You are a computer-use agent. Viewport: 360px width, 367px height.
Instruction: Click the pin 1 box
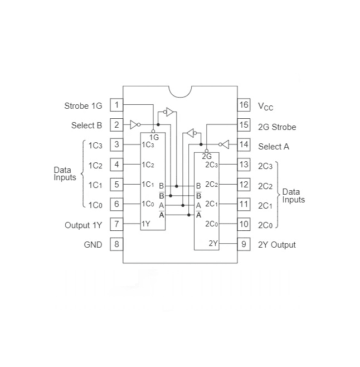coord(116,105)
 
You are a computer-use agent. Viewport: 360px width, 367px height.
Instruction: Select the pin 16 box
coord(243,105)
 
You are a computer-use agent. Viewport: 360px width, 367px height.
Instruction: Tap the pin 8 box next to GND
coord(116,244)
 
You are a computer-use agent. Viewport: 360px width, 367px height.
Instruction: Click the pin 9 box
coord(243,244)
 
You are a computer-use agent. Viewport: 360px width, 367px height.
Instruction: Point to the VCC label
coord(266,106)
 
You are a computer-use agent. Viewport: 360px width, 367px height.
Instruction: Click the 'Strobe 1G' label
coord(84,105)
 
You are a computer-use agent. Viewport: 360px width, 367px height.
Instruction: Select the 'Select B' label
coord(87,125)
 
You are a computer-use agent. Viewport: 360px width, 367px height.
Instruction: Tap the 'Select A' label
coord(274,147)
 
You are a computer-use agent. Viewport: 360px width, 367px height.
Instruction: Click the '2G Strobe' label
coord(277,127)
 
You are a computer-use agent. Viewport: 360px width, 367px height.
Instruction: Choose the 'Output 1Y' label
coord(84,225)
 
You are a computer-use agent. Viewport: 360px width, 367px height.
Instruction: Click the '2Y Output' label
coord(277,245)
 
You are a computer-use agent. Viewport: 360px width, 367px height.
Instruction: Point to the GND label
coord(93,245)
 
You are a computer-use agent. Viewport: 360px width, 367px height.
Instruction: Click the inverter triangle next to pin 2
coord(134,124)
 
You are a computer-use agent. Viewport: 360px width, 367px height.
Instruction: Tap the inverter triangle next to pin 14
coord(225,144)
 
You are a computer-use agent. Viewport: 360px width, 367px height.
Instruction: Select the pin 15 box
coord(243,125)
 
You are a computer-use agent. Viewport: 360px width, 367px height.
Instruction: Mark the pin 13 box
coord(243,165)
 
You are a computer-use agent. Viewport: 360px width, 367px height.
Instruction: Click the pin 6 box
coord(116,204)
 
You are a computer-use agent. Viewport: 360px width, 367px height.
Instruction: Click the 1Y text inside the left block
coord(145,224)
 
